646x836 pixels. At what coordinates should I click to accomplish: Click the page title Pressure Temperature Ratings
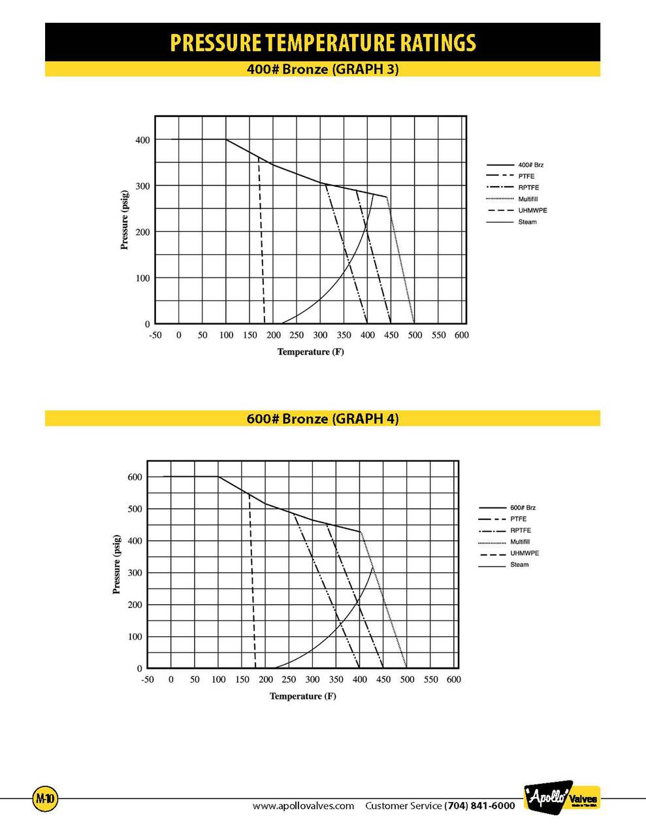pos(323,42)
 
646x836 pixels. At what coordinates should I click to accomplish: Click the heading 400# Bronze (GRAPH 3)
pos(323,69)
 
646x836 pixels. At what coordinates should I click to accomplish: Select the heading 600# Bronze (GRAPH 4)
pos(323,418)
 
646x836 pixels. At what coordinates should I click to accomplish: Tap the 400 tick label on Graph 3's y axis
pos(142,140)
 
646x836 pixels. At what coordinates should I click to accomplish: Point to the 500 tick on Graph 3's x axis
pos(414,335)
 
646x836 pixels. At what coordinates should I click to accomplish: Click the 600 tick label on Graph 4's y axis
pos(135,477)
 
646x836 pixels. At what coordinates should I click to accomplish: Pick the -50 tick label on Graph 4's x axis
pos(148,679)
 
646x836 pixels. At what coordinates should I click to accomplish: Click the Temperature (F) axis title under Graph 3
pos(310,352)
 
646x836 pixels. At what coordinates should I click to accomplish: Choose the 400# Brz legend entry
pos(530,165)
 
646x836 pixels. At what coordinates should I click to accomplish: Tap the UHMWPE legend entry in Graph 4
pos(525,553)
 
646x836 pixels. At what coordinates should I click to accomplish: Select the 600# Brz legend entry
pos(523,507)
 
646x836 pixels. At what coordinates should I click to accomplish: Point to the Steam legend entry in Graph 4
pos(519,564)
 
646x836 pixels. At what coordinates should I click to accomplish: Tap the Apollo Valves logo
pos(561,798)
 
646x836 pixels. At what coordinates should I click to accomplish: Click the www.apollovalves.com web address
pos(303,806)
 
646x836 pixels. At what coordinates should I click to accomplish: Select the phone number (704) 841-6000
pos(479,806)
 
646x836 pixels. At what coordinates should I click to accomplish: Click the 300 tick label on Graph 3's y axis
pos(142,186)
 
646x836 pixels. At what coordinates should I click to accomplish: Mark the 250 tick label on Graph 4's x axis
pos(289,679)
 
